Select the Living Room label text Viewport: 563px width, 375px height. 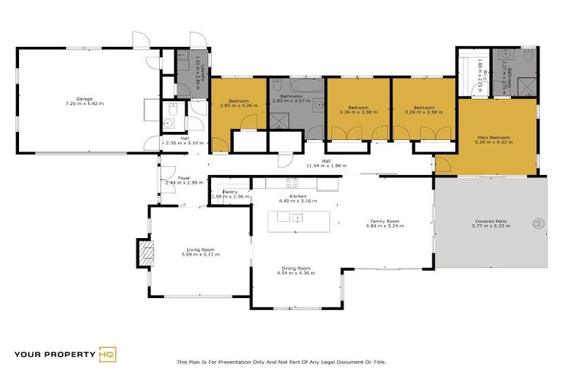(x=201, y=251)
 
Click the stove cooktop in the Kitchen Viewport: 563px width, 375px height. (x=291, y=182)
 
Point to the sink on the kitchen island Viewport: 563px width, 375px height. (x=298, y=218)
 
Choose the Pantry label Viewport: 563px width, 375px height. (x=230, y=193)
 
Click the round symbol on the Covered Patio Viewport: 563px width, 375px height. (x=540, y=223)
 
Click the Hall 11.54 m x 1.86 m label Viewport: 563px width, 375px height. (x=323, y=164)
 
